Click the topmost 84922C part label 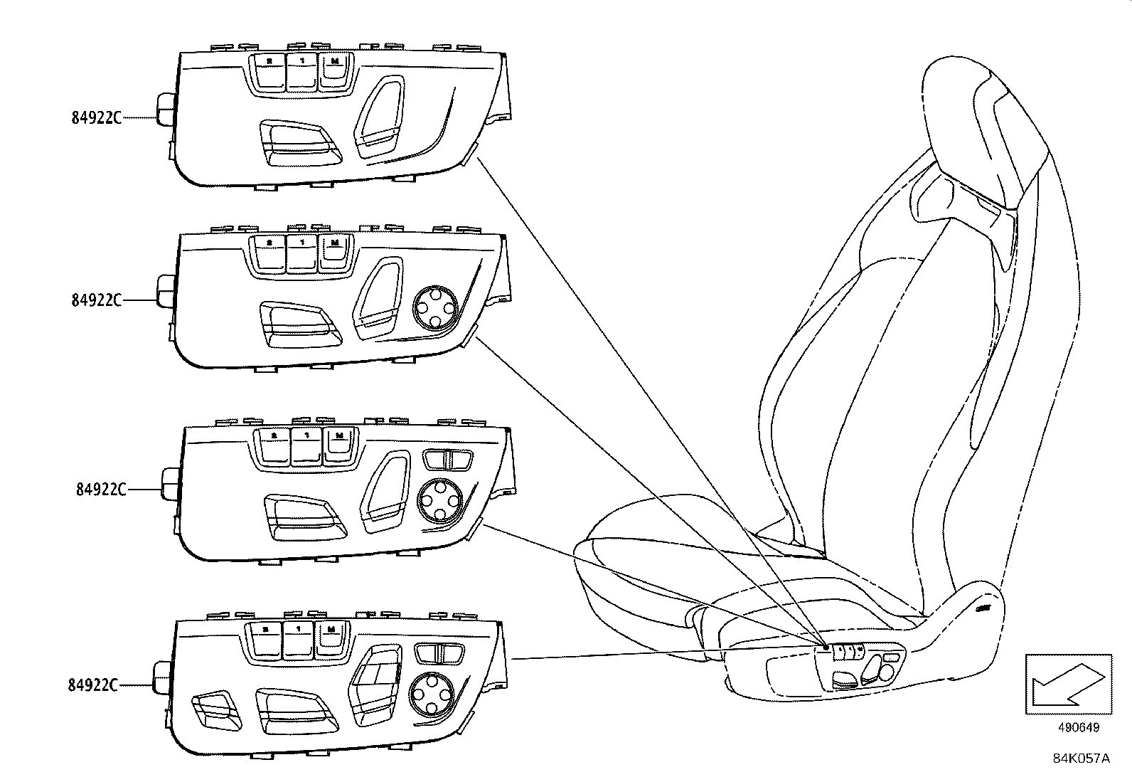pos(96,118)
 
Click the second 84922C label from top pos(96,300)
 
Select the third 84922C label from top pos(100,490)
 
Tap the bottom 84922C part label pos(92,685)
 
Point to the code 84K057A pos(1081,759)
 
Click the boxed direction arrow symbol pos(1068,684)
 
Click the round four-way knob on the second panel pos(432,307)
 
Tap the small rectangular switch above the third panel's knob pos(447,460)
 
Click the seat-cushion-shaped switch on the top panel pos(298,143)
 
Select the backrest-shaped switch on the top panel pos(381,117)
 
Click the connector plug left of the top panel pos(165,108)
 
